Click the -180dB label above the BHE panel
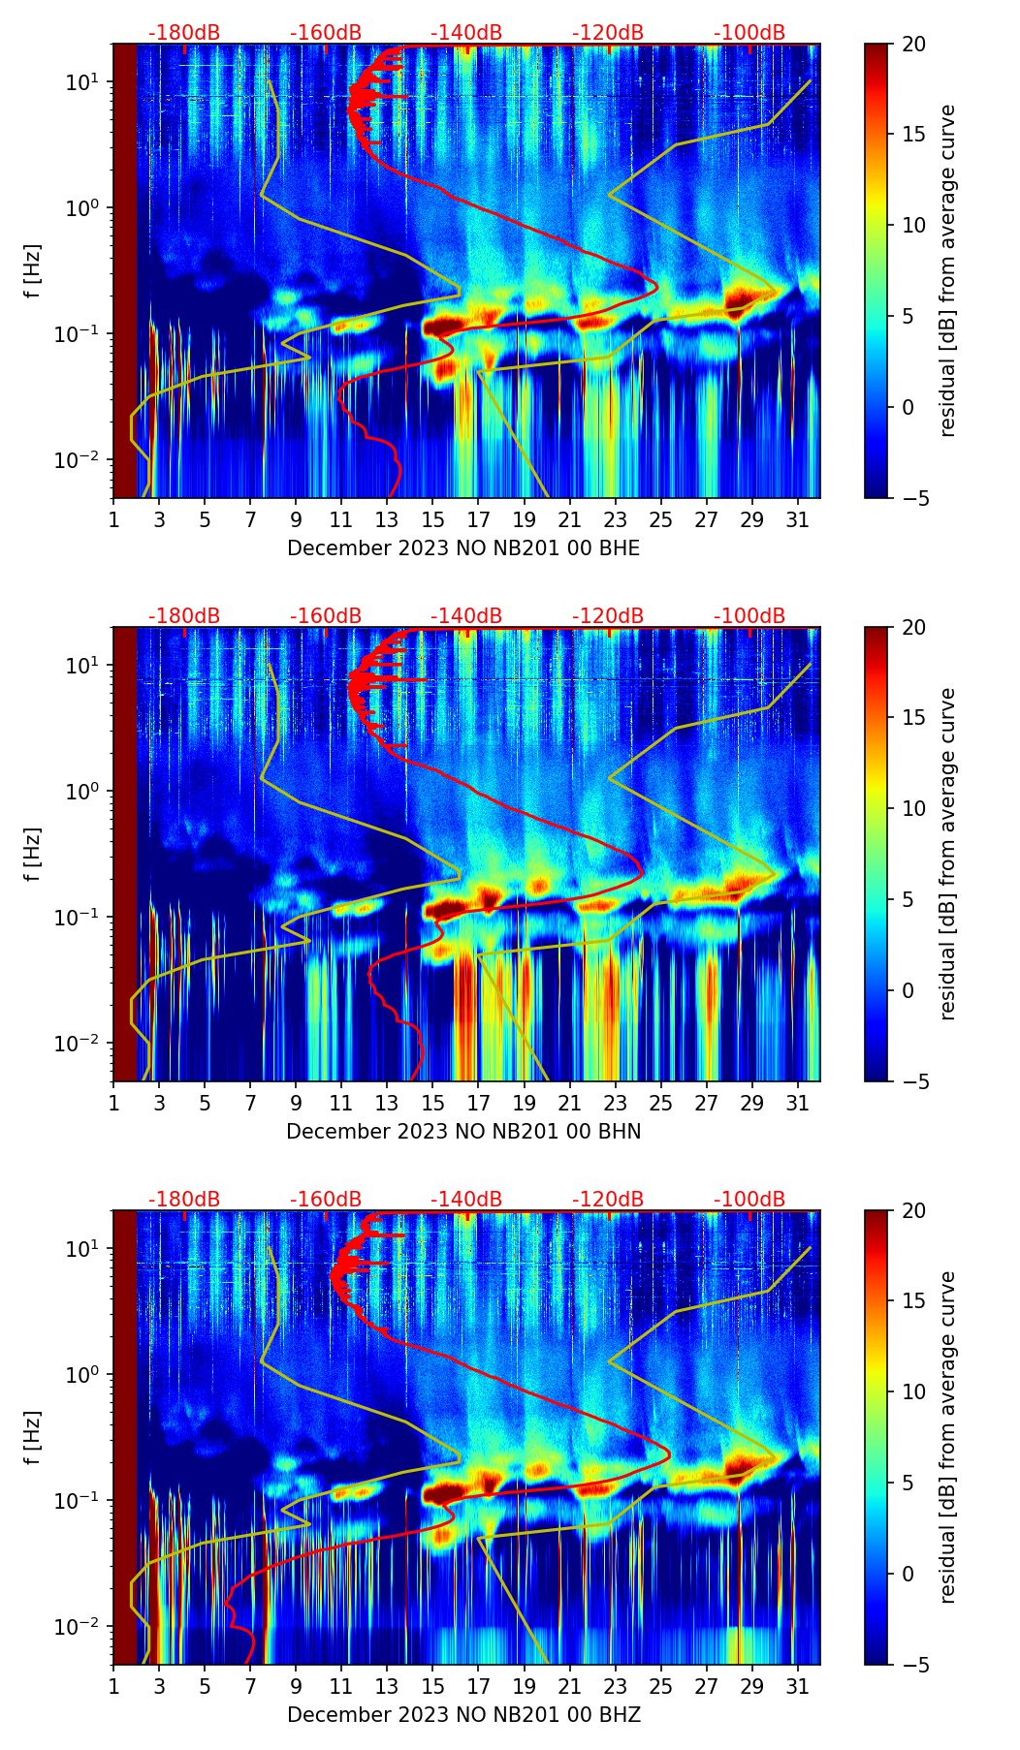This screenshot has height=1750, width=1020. [184, 33]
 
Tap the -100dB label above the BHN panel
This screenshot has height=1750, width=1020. [749, 616]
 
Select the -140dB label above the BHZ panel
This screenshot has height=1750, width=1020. [466, 1200]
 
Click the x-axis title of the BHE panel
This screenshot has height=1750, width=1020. [463, 548]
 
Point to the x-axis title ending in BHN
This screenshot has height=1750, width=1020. [463, 1132]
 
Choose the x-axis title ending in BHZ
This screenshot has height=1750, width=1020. [463, 1715]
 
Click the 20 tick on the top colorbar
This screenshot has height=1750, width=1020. [914, 44]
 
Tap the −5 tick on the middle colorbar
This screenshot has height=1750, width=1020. [914, 1081]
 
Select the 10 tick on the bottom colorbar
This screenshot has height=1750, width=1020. [914, 1391]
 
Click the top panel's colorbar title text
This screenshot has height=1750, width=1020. [947, 270]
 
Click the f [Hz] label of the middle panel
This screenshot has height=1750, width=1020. [33, 854]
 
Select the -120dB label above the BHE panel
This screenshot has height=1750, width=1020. [608, 33]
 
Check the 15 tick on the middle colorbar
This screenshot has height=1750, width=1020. [914, 717]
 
